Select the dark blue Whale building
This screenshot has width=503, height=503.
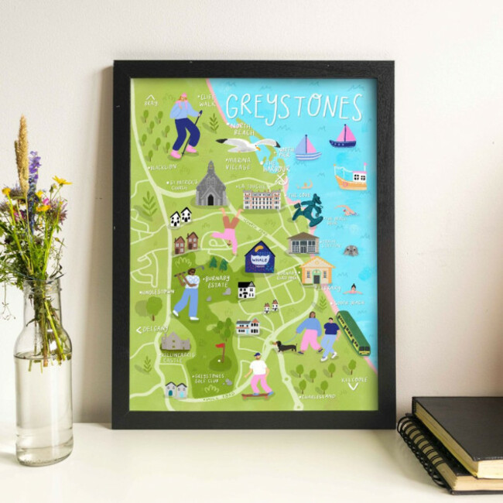tap(260, 258)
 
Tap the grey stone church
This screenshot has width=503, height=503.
tap(210, 186)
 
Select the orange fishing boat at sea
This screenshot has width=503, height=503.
tap(350, 177)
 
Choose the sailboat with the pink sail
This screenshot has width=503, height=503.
tap(343, 137)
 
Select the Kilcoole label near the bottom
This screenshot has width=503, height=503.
tap(354, 379)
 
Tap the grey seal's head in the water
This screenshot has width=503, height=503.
tap(351, 251)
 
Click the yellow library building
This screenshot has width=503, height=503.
tap(317, 270)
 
